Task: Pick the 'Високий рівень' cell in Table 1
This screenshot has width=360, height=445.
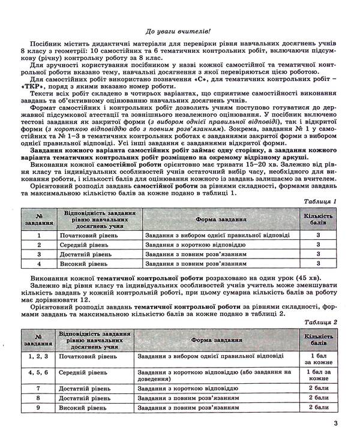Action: pyautogui.click(x=83, y=263)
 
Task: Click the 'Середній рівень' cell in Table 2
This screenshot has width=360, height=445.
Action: pyautogui.click(x=82, y=373)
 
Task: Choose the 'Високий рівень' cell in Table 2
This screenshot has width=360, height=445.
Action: pyautogui.click(x=82, y=408)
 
